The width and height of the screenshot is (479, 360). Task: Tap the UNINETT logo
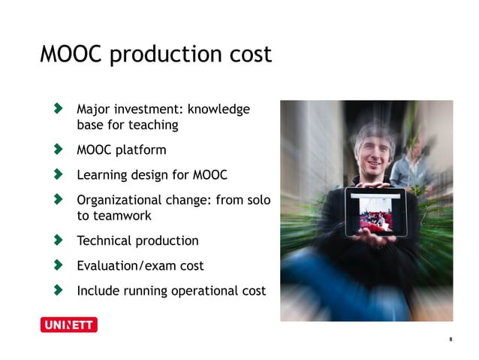[68, 325]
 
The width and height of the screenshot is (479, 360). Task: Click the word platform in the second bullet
[141, 150]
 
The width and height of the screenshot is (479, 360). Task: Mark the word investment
[152, 110]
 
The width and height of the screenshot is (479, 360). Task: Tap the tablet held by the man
[375, 212]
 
